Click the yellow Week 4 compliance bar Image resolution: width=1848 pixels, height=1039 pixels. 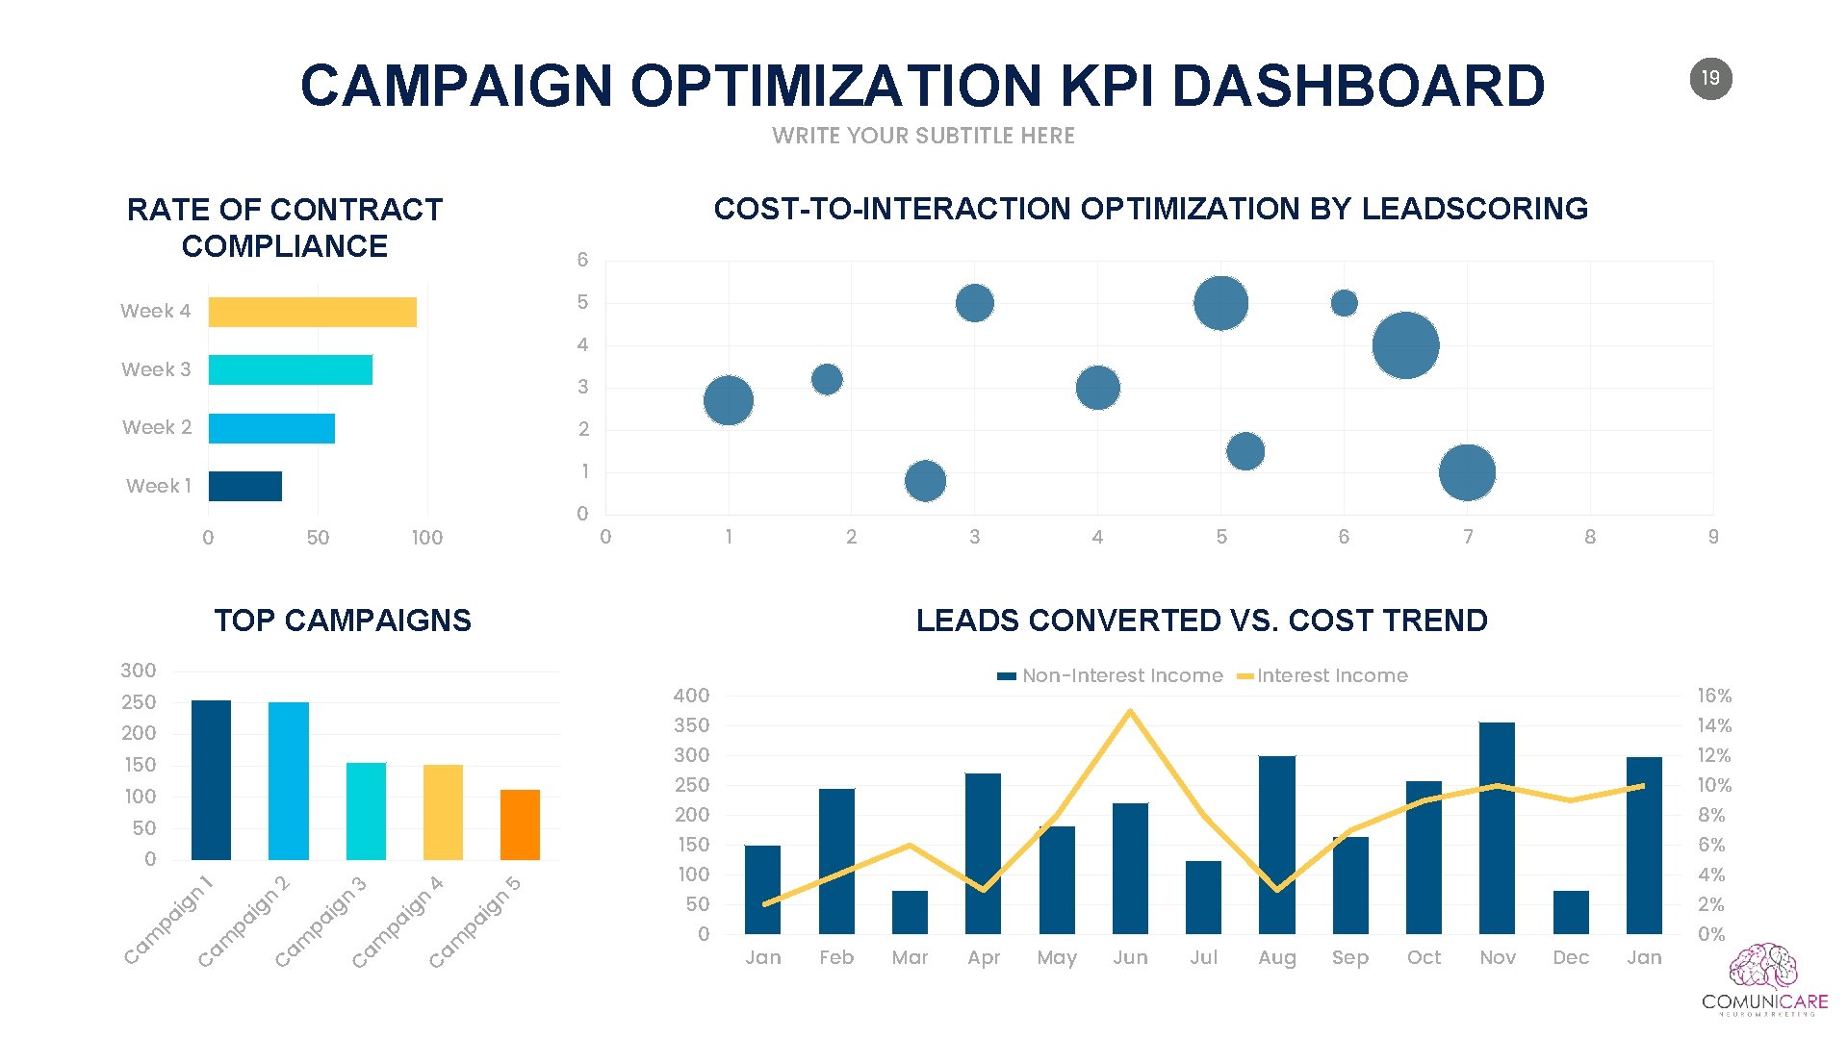(x=312, y=312)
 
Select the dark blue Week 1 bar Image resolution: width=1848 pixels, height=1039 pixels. (x=244, y=486)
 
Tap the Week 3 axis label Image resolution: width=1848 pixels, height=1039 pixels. (x=156, y=369)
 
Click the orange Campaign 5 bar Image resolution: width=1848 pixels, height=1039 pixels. (x=520, y=824)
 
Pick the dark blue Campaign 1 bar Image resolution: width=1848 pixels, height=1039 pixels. (x=211, y=779)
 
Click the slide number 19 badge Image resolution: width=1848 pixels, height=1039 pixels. (x=1710, y=78)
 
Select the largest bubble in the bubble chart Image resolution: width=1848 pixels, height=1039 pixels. (x=1405, y=345)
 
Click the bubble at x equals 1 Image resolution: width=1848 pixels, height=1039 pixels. (x=729, y=401)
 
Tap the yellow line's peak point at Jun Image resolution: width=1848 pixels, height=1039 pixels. (x=1130, y=712)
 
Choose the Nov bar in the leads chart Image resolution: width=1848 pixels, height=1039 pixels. (x=1497, y=827)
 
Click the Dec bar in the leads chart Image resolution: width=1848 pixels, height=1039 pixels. (x=1571, y=912)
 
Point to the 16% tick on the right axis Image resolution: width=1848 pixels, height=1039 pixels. (x=1714, y=696)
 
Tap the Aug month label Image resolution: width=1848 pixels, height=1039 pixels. (x=1277, y=957)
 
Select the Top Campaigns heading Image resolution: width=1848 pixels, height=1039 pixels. (x=343, y=621)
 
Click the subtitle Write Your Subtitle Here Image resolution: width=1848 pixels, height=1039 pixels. (x=923, y=136)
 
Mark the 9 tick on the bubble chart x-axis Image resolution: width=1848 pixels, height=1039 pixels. (x=1713, y=537)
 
